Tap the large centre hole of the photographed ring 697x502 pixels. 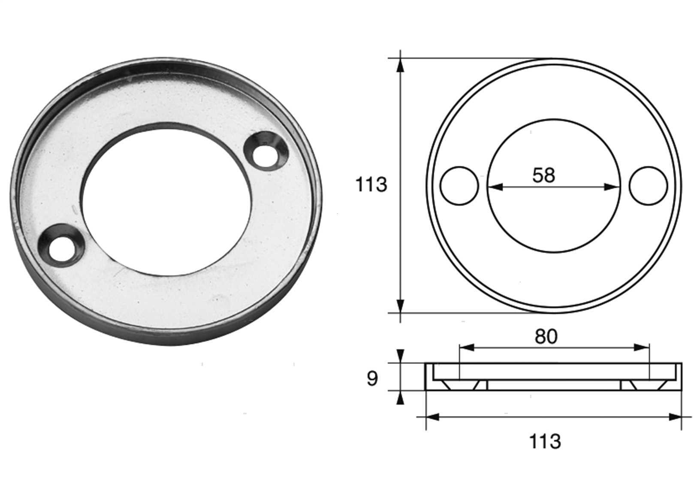166,199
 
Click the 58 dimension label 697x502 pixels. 543,175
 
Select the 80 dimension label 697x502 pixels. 546,337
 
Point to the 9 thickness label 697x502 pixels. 372,379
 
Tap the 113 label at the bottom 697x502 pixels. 545,442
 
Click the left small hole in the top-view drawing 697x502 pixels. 459,186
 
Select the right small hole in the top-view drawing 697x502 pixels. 648,186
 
